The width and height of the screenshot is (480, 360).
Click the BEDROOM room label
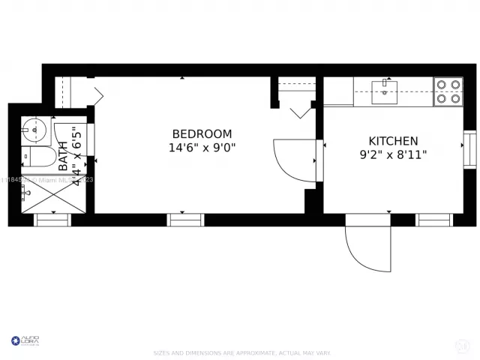[x=202, y=133]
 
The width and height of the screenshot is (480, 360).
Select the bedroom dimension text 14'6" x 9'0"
[x=202, y=148]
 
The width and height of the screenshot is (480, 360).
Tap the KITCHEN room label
[x=393, y=141]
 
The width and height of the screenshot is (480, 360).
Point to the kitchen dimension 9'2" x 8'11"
[x=393, y=155]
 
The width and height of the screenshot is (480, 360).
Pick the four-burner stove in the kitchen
[x=448, y=91]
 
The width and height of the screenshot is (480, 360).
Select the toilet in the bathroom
[x=36, y=157]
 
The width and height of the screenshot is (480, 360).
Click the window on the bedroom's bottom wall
[x=185, y=220]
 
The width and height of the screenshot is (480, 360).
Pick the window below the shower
[x=52, y=220]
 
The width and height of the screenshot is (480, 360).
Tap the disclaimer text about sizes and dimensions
[x=241, y=352]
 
